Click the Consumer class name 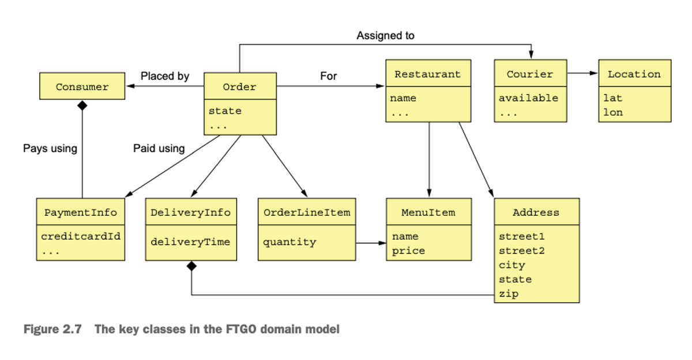coord(82,87)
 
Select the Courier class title coord(530,74)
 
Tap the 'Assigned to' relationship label coord(386,36)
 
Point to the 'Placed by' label coord(165,76)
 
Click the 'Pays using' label coord(50,149)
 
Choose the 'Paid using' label coord(159,149)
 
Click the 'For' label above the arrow coord(328,76)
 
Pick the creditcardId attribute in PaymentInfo coord(81,237)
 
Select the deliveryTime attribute coord(190,242)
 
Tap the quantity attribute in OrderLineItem coord(289,242)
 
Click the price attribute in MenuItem coord(408,250)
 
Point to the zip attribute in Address coord(509,294)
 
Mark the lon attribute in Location coord(613,112)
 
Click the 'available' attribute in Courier coord(528,98)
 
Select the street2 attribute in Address coord(522,250)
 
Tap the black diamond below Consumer coord(82,106)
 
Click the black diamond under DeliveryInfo coord(191,266)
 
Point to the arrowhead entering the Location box coord(594,73)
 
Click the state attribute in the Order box coord(225,111)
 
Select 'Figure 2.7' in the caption coord(52,329)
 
